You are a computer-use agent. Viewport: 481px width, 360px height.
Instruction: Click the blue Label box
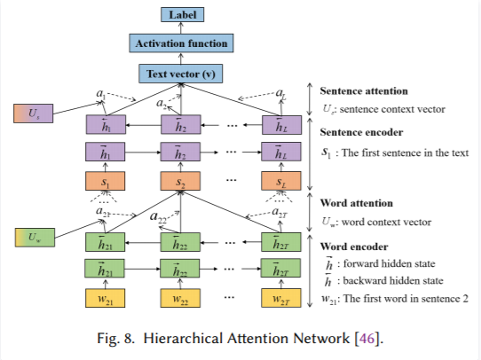(x=183, y=15)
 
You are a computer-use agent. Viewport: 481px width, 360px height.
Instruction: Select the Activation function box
(x=181, y=43)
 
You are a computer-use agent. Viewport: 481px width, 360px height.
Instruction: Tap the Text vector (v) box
(x=181, y=74)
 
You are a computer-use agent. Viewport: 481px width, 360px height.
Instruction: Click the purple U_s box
(x=34, y=113)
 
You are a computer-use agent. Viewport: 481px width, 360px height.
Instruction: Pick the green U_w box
(x=35, y=238)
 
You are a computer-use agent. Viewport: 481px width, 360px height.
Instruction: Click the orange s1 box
(x=106, y=181)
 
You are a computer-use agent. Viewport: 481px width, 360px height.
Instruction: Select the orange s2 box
(x=180, y=181)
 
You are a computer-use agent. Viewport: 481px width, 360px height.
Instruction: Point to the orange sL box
(x=281, y=181)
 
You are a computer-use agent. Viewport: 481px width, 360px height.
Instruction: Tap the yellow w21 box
(x=106, y=298)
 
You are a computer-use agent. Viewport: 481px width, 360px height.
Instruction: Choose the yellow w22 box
(x=180, y=298)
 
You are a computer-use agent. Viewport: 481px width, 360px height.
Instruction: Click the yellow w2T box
(x=281, y=298)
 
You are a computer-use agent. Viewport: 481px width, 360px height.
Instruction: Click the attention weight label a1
(x=101, y=93)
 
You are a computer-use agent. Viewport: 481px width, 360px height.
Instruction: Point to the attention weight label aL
(x=280, y=92)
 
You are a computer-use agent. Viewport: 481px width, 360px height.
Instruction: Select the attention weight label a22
(x=158, y=217)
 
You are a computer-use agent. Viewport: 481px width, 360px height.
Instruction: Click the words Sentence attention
(x=364, y=91)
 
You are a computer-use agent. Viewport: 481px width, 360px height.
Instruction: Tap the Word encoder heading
(x=354, y=247)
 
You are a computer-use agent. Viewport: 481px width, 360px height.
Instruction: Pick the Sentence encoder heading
(x=361, y=132)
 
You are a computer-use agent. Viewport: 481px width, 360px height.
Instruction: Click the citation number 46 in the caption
(x=367, y=338)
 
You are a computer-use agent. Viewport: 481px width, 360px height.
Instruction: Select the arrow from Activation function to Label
(x=181, y=27)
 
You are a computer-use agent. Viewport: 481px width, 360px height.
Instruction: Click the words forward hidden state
(x=389, y=263)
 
